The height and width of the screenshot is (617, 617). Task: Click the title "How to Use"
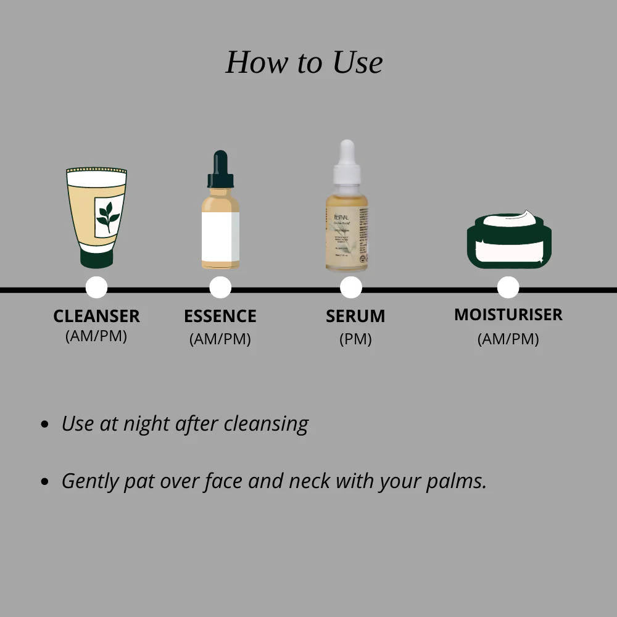click(304, 62)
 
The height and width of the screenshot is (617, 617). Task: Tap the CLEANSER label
click(96, 316)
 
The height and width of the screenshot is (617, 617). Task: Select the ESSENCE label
click(220, 316)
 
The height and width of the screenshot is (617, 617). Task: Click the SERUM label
click(355, 316)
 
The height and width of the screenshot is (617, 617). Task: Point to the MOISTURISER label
click(508, 315)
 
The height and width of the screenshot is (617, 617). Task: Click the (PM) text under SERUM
click(355, 339)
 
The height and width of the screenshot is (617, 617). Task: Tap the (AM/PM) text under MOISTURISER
click(508, 339)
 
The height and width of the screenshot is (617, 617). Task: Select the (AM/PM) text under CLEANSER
click(96, 336)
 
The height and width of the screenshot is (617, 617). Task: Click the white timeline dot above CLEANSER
click(96, 288)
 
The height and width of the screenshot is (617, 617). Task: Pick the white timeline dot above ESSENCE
click(220, 288)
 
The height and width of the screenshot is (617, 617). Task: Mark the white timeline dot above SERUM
click(351, 288)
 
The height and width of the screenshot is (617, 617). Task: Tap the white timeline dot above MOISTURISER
click(508, 288)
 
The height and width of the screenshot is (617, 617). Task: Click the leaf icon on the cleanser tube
click(108, 217)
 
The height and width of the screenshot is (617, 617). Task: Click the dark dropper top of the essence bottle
click(220, 170)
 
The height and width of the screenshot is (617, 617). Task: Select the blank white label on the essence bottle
click(220, 236)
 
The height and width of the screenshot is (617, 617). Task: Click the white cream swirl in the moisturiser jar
click(510, 219)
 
